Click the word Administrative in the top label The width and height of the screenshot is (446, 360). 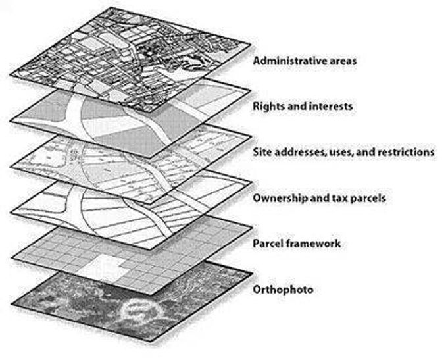[291, 61]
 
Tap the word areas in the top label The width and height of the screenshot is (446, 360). [344, 61]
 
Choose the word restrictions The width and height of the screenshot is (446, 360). [406, 152]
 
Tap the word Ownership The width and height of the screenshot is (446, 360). [280, 198]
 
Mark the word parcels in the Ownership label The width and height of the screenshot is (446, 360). [368, 198]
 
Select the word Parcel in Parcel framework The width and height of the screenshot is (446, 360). [268, 244]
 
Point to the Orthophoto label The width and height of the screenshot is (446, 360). [283, 290]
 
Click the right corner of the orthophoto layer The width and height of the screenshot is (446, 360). [253, 274]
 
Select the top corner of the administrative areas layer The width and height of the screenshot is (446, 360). [111, 8]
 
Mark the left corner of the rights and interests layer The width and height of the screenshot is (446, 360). [11, 121]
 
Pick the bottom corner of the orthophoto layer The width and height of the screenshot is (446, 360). [151, 341]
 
